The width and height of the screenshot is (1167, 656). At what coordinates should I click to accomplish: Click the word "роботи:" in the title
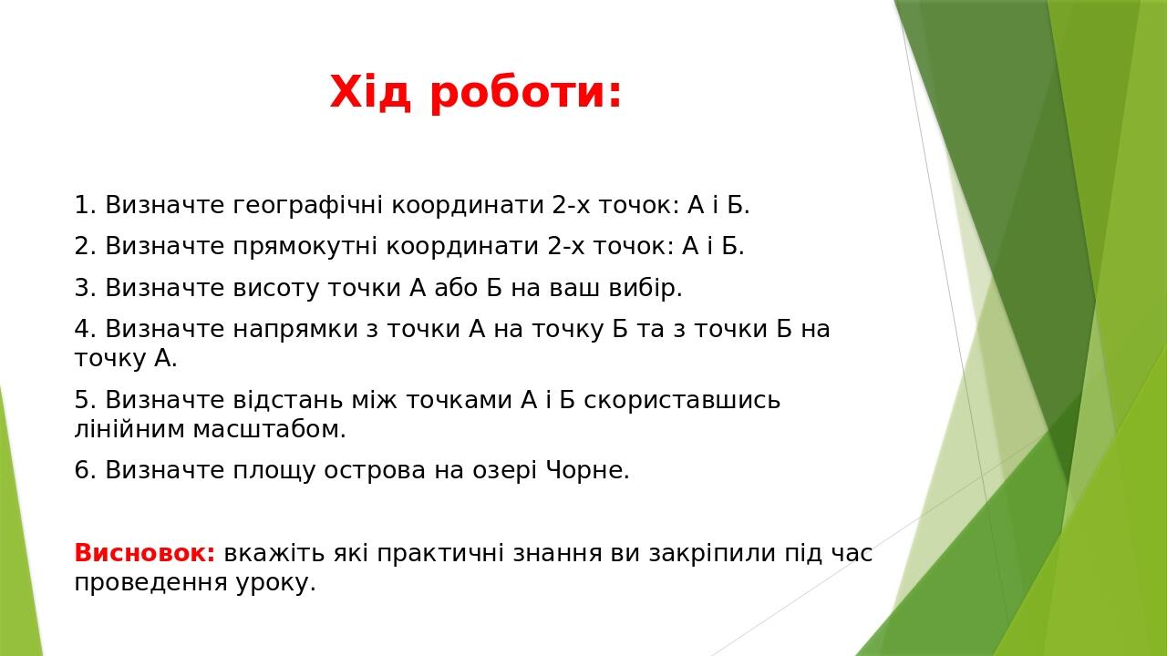pyautogui.click(x=525, y=92)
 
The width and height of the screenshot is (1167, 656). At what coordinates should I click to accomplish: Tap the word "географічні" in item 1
pyautogui.click(x=310, y=206)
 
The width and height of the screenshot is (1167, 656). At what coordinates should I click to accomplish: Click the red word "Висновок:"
pyautogui.click(x=144, y=554)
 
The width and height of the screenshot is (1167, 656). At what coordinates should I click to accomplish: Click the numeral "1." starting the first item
pyautogui.click(x=85, y=206)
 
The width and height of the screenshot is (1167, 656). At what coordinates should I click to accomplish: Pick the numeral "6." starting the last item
pyautogui.click(x=85, y=471)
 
